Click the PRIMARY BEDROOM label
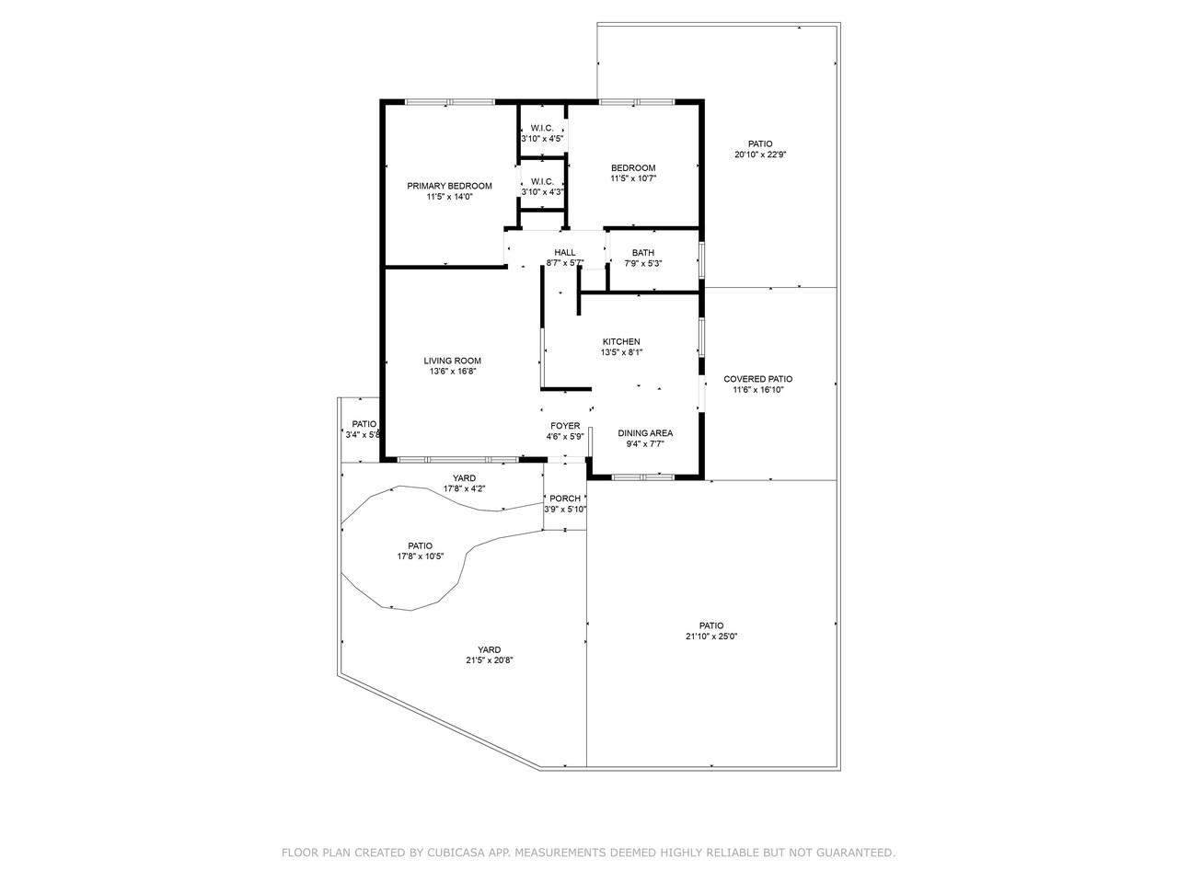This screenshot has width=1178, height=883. pyautogui.click(x=449, y=186)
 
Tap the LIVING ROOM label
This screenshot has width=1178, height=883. pyautogui.click(x=452, y=361)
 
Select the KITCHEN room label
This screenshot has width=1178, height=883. pyautogui.click(x=620, y=341)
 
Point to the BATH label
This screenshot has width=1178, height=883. pyautogui.click(x=642, y=253)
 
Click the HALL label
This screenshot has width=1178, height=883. pyautogui.click(x=564, y=253)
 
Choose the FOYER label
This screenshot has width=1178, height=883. pyautogui.click(x=565, y=426)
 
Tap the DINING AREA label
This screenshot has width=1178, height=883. pyautogui.click(x=644, y=433)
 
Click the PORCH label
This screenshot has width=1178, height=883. pyautogui.click(x=565, y=499)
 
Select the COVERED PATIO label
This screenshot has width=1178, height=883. pyautogui.click(x=757, y=379)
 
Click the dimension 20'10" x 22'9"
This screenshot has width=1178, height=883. pyautogui.click(x=759, y=155)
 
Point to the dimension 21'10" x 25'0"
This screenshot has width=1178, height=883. pyautogui.click(x=711, y=636)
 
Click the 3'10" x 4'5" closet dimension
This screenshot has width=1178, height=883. pyautogui.click(x=542, y=139)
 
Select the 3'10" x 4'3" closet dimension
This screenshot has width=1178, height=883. pyautogui.click(x=542, y=192)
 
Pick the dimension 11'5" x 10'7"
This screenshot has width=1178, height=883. pyautogui.click(x=633, y=178)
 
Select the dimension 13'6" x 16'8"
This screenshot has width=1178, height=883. pyautogui.click(x=452, y=372)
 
